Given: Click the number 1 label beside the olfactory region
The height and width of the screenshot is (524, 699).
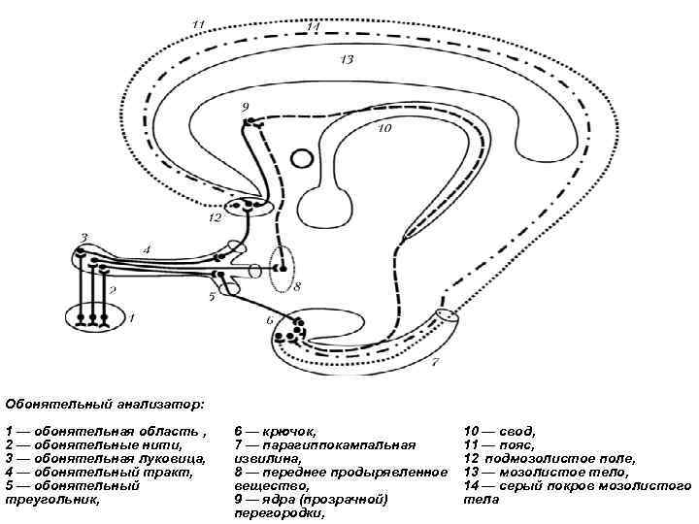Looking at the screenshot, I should (133, 316).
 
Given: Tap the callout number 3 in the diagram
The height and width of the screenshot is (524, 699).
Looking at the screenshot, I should (83, 237).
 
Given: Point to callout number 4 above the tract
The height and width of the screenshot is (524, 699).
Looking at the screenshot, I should (147, 249).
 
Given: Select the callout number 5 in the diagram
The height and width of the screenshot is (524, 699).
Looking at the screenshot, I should (211, 295).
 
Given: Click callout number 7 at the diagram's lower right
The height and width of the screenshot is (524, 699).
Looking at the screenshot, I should (435, 362).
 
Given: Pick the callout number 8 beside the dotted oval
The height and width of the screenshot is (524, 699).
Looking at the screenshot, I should (297, 286).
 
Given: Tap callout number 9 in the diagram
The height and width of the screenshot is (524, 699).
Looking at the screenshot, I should (245, 106).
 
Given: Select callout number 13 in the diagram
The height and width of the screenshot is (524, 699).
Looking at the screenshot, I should (347, 60).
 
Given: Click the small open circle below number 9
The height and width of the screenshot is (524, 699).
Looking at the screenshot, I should (302, 157).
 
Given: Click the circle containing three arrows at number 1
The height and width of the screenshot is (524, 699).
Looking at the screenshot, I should (94, 316).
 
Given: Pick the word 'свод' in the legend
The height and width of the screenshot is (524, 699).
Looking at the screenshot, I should (514, 430).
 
